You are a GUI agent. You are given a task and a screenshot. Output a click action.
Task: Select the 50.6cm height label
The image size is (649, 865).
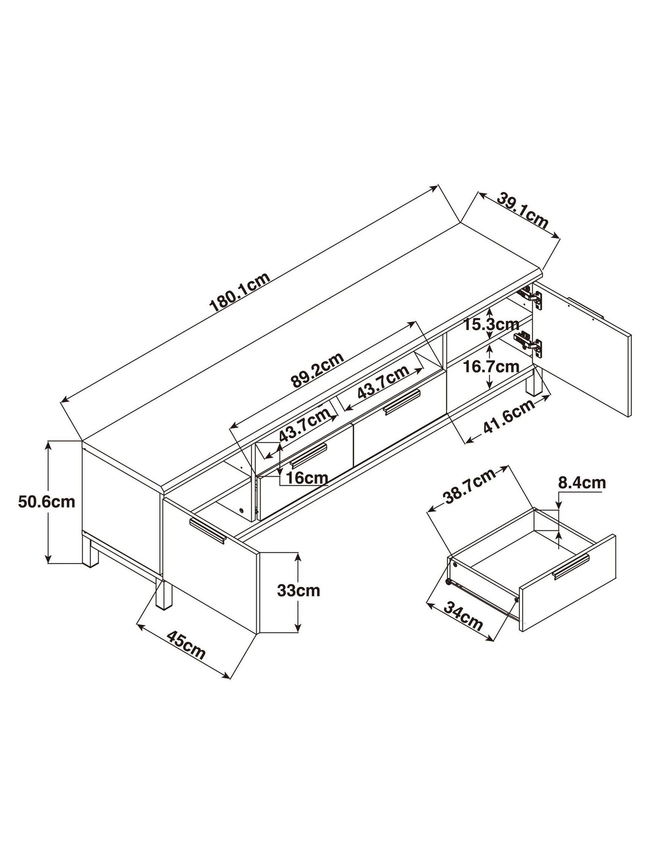46,502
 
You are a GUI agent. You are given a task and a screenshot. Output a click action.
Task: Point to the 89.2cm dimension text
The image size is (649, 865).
317,369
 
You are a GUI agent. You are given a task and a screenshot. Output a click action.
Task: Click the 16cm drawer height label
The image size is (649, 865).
307,478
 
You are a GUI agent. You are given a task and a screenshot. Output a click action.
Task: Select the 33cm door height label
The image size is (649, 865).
299,590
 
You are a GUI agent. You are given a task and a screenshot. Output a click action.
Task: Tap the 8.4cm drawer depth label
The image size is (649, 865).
581,483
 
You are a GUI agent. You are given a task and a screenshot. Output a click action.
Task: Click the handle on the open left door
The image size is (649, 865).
208,530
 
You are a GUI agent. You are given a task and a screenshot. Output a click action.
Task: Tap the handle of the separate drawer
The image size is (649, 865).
571,567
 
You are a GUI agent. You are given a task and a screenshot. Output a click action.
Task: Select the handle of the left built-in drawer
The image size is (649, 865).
308,455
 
